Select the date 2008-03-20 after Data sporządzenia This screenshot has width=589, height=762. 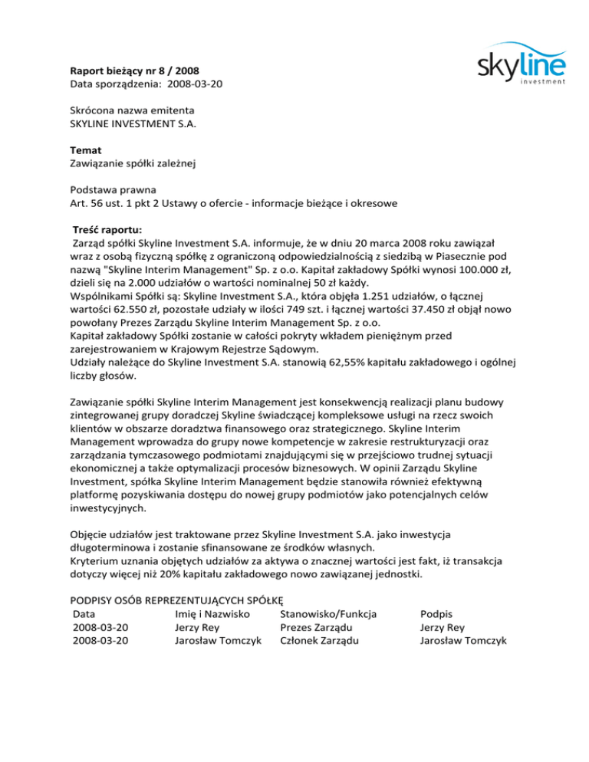pyautogui.click(x=196, y=83)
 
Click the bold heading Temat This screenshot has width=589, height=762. pyautogui.click(x=86, y=151)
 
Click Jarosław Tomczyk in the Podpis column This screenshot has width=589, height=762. pyautogui.click(x=463, y=641)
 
